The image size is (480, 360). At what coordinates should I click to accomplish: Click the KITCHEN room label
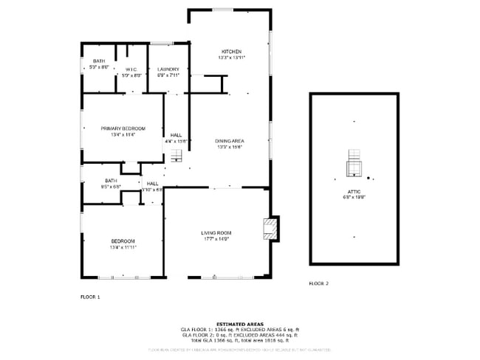click(x=231, y=52)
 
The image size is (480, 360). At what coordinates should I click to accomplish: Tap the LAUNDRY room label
click(x=168, y=69)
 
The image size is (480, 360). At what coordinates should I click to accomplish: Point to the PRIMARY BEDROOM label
click(x=123, y=128)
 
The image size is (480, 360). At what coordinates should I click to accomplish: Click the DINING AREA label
click(x=230, y=141)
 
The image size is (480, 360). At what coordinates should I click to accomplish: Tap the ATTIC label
click(x=354, y=192)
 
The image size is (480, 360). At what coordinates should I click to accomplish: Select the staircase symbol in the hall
click(x=176, y=155)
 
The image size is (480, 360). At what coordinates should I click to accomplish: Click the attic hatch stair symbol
click(x=355, y=164)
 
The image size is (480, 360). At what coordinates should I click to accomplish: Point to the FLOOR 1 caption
click(x=90, y=297)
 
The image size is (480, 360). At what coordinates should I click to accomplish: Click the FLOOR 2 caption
click(x=319, y=283)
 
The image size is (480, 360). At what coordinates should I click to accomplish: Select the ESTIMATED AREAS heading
click(x=240, y=323)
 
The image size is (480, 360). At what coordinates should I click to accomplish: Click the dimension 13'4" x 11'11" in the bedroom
click(x=123, y=247)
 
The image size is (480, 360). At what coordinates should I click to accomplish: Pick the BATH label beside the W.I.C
click(x=98, y=61)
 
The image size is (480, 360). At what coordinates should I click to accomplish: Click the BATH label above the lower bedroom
click(x=111, y=181)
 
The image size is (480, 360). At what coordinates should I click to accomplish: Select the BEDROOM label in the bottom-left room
click(x=123, y=241)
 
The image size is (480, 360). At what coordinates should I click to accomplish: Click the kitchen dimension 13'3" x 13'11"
click(x=231, y=58)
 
